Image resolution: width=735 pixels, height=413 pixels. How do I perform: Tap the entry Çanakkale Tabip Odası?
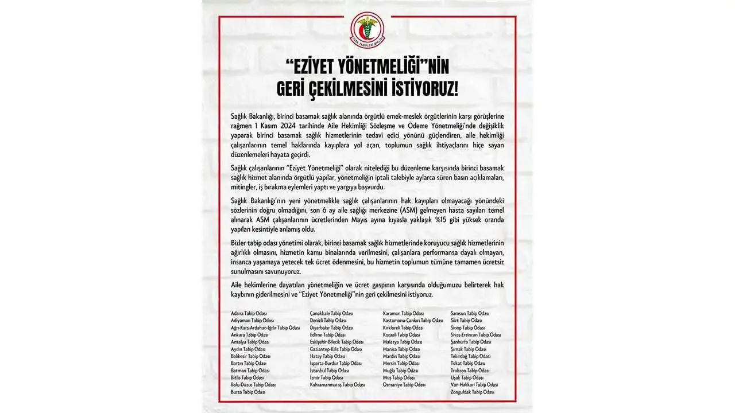pos(331,313)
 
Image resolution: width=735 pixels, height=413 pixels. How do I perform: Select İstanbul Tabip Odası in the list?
pos(329,371)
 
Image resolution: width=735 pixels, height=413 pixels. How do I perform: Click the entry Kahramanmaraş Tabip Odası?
pos(337,385)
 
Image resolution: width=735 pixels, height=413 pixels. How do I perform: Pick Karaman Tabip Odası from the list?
pos(403,313)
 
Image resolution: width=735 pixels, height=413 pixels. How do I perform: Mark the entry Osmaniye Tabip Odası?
pos(404,385)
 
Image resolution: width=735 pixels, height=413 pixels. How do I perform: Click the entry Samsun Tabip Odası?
pos(470,313)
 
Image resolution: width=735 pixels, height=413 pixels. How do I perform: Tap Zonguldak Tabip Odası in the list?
pos(473,392)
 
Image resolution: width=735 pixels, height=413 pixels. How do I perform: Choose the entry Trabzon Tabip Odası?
pos(470,371)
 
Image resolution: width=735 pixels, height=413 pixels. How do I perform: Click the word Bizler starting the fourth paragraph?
pos(240,243)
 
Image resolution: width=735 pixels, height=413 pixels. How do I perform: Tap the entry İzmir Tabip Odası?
pos(326,377)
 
